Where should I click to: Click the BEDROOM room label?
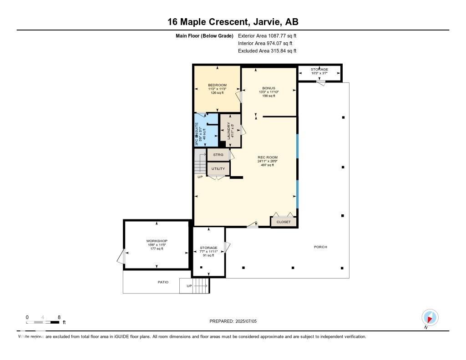pos(217,85)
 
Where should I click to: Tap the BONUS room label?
pos(268,88)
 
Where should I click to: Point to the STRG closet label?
pos(218,155)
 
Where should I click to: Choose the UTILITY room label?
pos(218,169)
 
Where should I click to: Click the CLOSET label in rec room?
pos(284,222)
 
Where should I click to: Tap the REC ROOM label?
pos(267,157)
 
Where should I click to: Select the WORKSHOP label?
pos(157,241)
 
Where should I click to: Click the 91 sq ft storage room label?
pos(208,248)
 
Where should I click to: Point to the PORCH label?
pos(320,247)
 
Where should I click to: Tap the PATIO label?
pos(163,282)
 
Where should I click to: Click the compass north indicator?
pos(430,318)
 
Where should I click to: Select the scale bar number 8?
pos(59,317)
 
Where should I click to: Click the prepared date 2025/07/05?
pos(249,321)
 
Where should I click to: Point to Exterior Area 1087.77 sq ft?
pos(267,35)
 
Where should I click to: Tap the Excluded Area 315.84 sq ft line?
pos(267,51)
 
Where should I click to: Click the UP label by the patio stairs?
pos(189,286)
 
